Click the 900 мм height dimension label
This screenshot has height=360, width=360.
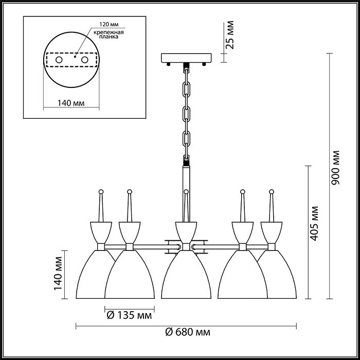click(x=335, y=168)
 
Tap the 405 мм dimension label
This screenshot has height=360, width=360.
click(x=314, y=223)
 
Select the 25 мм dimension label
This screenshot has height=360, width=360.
click(x=229, y=35)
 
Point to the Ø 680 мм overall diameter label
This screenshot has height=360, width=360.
click(x=188, y=332)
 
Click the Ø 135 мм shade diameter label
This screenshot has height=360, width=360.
click(x=130, y=315)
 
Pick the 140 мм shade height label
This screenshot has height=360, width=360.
click(x=58, y=273)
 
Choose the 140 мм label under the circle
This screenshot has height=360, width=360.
click(x=71, y=103)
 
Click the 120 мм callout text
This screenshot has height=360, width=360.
click(x=109, y=24)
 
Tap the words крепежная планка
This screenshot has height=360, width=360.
click(x=109, y=34)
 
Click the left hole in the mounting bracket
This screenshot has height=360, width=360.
click(x=59, y=60)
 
